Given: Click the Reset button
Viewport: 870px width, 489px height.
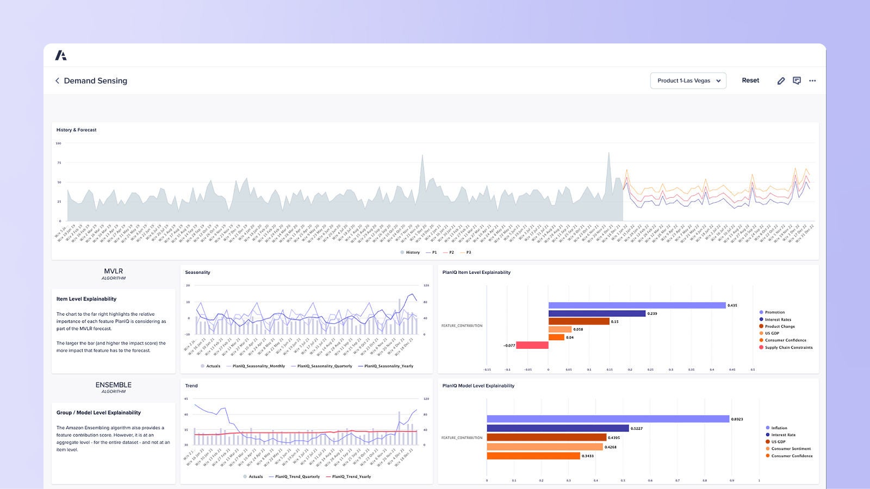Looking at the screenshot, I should pyautogui.click(x=750, y=80).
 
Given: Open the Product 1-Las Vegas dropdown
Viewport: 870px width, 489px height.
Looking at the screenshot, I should pyautogui.click(x=688, y=80).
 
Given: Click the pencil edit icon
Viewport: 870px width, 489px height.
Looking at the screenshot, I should pyautogui.click(x=781, y=80).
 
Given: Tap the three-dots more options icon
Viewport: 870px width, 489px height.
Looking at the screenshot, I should pyautogui.click(x=812, y=80).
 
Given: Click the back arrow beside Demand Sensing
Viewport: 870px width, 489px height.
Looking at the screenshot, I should pyautogui.click(x=57, y=80).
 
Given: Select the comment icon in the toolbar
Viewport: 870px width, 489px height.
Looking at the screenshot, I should pyautogui.click(x=797, y=80).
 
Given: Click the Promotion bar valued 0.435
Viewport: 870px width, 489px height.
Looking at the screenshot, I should pyautogui.click(x=637, y=305).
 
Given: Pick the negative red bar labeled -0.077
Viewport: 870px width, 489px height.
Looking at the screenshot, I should pyautogui.click(x=532, y=345).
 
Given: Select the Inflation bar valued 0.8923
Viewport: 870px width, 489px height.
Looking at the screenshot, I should pyautogui.click(x=607, y=419).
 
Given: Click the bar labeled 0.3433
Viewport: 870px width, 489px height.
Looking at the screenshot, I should pyautogui.click(x=533, y=456).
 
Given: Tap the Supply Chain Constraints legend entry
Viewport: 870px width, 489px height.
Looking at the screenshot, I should pyautogui.click(x=788, y=347).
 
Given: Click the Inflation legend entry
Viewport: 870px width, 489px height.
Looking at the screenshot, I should pyautogui.click(x=778, y=428).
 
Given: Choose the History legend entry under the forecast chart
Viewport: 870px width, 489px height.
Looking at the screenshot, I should pyautogui.click(x=411, y=252).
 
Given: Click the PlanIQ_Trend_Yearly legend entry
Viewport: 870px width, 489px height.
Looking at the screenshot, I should pyautogui.click(x=350, y=477).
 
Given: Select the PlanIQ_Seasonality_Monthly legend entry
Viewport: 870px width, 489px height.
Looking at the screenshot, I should pyautogui.click(x=258, y=366).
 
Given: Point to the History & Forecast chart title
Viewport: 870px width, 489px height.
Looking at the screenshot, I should pyautogui.click(x=76, y=130).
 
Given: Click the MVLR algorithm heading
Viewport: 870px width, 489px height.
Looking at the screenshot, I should pyautogui.click(x=113, y=272).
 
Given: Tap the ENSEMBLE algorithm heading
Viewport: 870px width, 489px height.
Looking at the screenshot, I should pyautogui.click(x=113, y=385).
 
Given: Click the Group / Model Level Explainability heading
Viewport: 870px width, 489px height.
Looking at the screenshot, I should pyautogui.click(x=98, y=412).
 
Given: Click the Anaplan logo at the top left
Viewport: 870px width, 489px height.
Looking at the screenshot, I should pyautogui.click(x=61, y=55).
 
